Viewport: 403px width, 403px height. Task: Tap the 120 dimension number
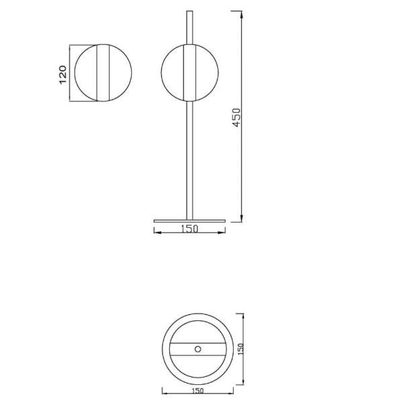[x=62, y=73]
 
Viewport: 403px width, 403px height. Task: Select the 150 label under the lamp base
[x=189, y=230]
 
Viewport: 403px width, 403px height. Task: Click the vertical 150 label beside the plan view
[x=240, y=349]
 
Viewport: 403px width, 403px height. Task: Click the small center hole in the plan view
[x=197, y=348]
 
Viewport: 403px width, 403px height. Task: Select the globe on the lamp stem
[x=188, y=73]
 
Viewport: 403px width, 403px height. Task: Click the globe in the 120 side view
[x=102, y=73]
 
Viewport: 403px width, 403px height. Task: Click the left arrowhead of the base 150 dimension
[x=156, y=230]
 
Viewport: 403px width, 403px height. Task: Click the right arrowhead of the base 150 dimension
[x=222, y=230]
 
